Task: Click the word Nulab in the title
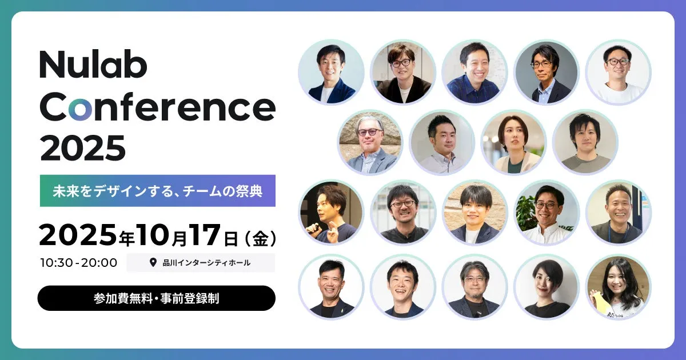pyautogui.click(x=93, y=65)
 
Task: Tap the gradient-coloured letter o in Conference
pyautogui.click(x=80, y=108)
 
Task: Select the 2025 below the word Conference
pyautogui.click(x=83, y=148)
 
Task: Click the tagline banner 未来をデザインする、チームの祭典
pyautogui.click(x=158, y=191)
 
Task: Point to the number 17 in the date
pyautogui.click(x=205, y=235)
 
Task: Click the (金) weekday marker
pyautogui.click(x=261, y=239)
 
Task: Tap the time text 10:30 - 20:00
pyautogui.click(x=79, y=263)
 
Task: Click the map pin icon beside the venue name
pyautogui.click(x=153, y=262)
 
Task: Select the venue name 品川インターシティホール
pyautogui.click(x=206, y=263)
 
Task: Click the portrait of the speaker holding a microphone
pyautogui.click(x=332, y=213)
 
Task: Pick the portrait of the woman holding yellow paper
pyautogui.click(x=619, y=287)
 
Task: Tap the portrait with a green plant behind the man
pyautogui.click(x=547, y=213)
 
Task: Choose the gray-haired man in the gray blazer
pyautogui.click(x=370, y=143)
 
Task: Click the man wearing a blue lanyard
pyautogui.click(x=619, y=213)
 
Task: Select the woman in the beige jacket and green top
pyautogui.click(x=514, y=143)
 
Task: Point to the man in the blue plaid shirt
pyautogui.click(x=474, y=72)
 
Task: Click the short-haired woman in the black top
pyautogui.click(x=547, y=287)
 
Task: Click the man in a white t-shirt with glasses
pyautogui.click(x=619, y=72)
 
